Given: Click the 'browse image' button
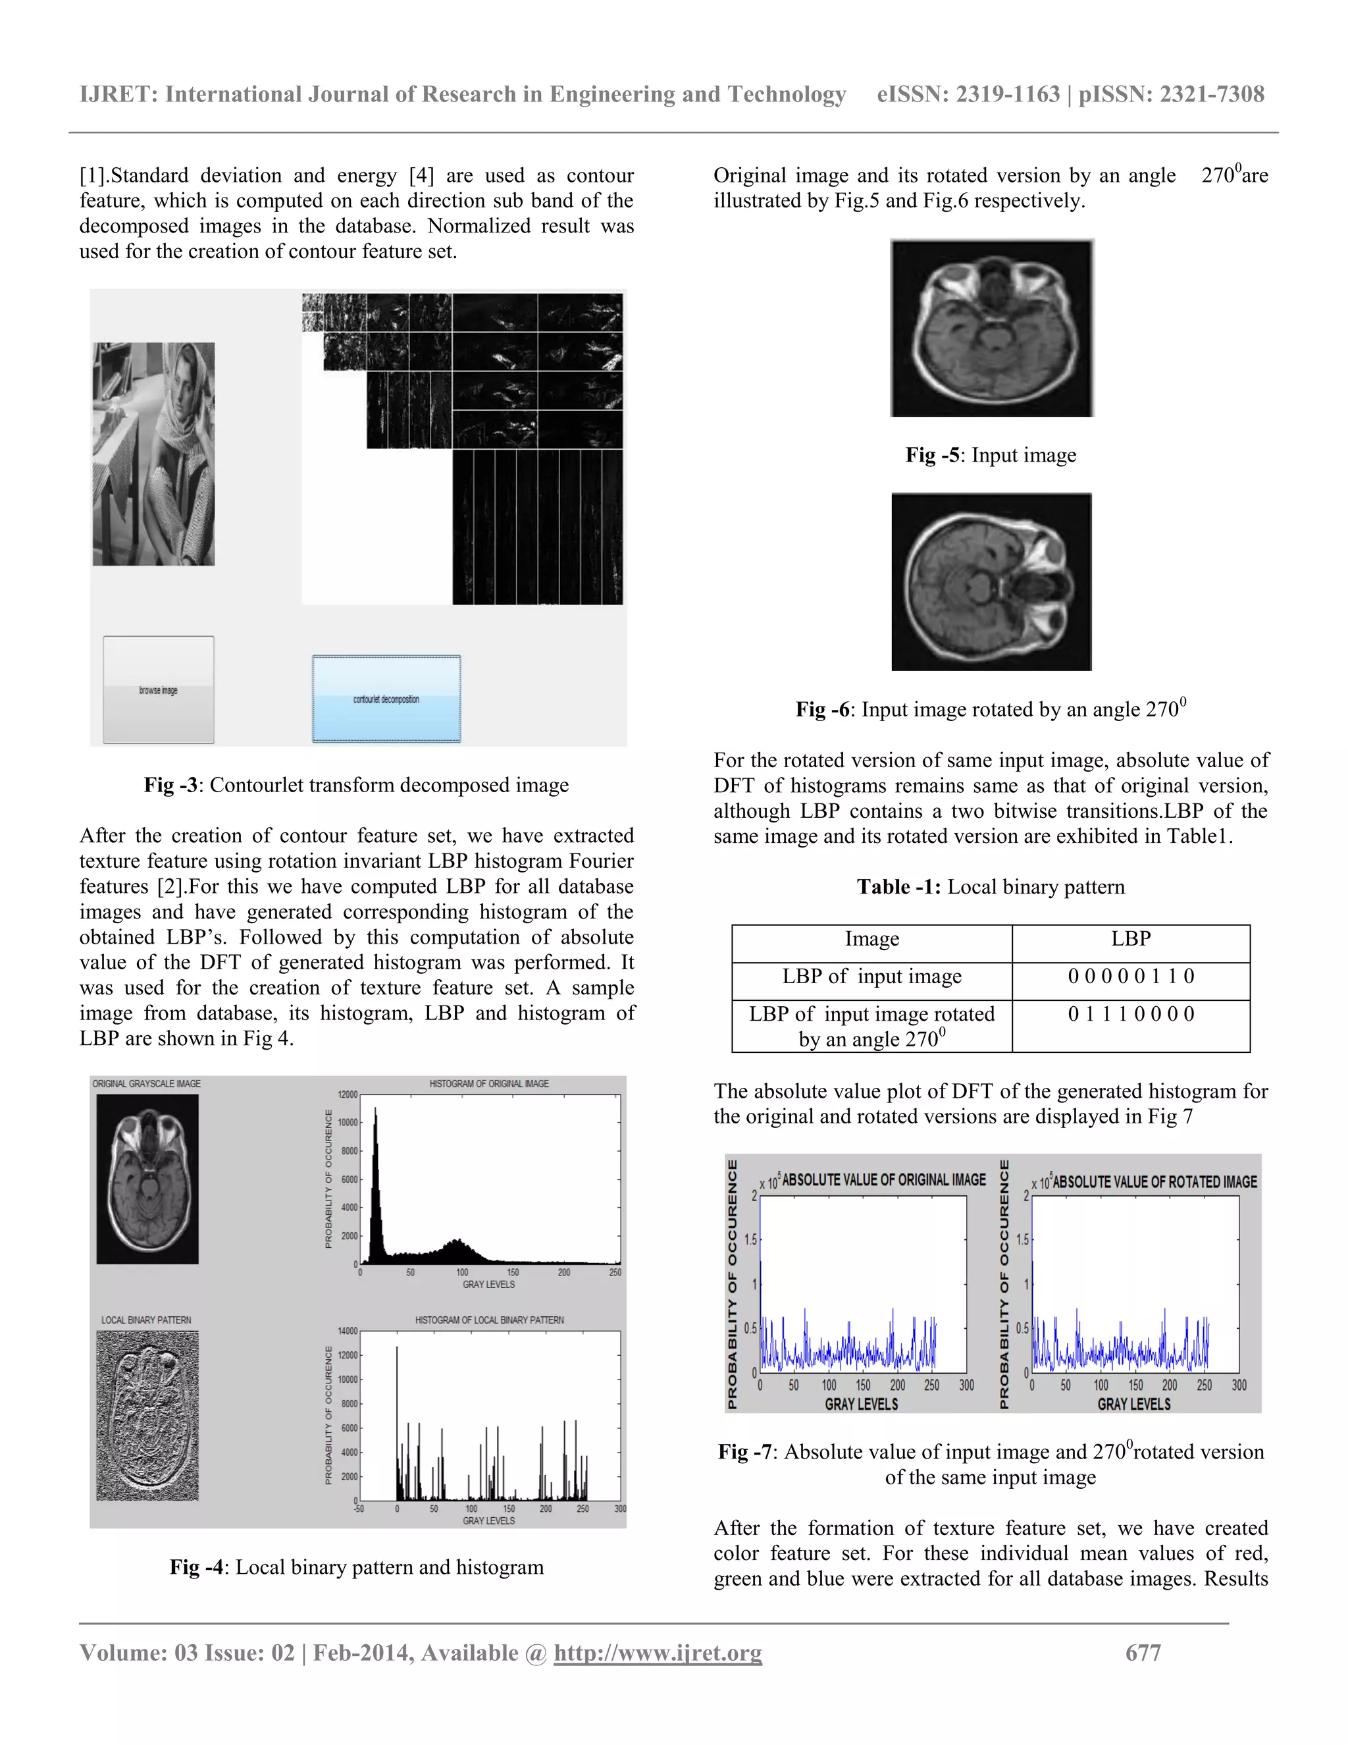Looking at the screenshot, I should [158, 689].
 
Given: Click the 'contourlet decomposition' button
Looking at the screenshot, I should [386, 699].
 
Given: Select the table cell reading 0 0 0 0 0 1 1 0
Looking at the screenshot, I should [1131, 977].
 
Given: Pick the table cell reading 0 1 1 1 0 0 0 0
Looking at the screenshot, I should [1131, 1015].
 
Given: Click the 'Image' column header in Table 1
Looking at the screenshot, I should [871, 939].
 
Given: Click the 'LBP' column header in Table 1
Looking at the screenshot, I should [1131, 939].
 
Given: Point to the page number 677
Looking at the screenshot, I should [1143, 1652].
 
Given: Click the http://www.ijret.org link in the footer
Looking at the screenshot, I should [658, 1652].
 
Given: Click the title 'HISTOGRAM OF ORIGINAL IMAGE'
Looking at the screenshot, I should [489, 1083].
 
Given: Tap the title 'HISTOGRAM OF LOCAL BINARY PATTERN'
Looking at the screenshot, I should [489, 1320].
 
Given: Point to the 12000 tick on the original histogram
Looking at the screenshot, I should [348, 1094].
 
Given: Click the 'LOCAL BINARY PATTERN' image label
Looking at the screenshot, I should [146, 1320].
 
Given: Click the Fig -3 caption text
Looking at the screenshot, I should [356, 786].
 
